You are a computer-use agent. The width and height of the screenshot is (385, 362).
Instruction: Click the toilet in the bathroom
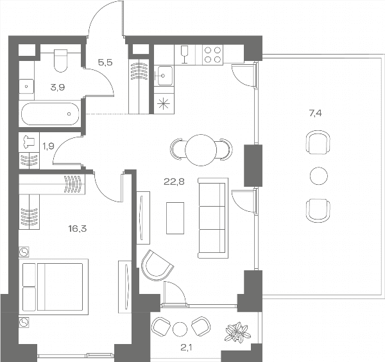(x=60, y=60)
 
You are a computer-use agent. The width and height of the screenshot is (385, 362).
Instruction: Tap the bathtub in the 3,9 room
(x=50, y=114)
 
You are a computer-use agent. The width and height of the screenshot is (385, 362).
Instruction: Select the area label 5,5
(x=105, y=63)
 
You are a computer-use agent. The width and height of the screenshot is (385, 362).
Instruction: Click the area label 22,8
(x=174, y=182)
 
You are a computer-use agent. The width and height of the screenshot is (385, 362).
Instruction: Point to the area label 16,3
(x=78, y=229)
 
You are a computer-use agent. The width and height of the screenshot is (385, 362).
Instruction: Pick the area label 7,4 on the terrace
(x=315, y=114)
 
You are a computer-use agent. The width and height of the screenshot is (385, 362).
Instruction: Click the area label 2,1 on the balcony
(x=186, y=347)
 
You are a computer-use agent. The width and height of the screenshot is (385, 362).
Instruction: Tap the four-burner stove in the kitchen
(x=212, y=55)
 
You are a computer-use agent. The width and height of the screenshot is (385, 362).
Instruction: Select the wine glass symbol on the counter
(x=184, y=55)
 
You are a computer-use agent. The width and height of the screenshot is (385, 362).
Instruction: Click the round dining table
(x=201, y=150)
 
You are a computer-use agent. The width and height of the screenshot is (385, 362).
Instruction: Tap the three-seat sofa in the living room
(x=213, y=218)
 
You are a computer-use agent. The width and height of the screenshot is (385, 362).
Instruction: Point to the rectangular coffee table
(x=175, y=218)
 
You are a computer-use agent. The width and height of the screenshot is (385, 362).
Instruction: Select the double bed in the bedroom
(x=53, y=287)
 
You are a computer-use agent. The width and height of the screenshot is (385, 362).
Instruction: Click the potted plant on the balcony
(x=237, y=332)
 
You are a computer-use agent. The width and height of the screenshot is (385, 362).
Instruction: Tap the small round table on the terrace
(x=319, y=176)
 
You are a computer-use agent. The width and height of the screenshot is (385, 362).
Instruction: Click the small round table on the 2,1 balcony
(x=180, y=329)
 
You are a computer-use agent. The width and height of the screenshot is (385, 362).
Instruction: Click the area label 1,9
(x=48, y=146)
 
